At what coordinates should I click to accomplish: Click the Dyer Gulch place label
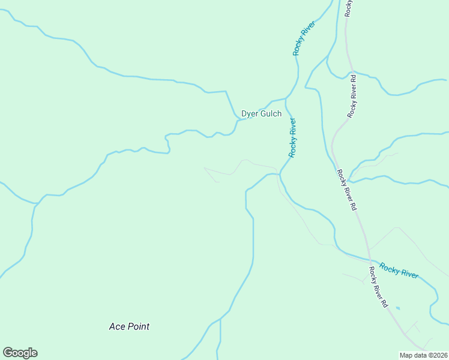[261, 113]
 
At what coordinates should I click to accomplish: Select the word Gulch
[270, 113]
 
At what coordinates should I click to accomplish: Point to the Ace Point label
[129, 326]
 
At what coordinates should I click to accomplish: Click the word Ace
[116, 326]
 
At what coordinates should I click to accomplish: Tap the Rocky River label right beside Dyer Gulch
[292, 138]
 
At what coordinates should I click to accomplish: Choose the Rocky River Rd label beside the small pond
[379, 287]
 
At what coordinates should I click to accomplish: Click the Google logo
[20, 353]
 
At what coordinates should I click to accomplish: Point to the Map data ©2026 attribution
[424, 355]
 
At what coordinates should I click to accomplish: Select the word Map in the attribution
[406, 355]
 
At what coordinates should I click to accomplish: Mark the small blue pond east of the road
[397, 308]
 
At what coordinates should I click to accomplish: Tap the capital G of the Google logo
[8, 352]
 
